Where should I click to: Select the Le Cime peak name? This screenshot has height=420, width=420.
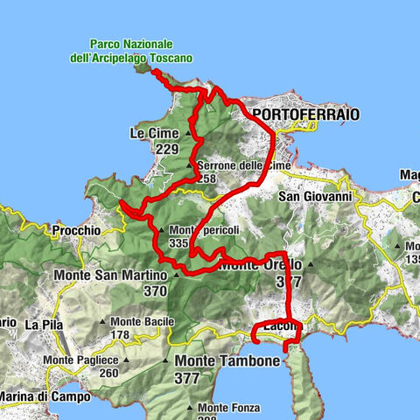point(154,133)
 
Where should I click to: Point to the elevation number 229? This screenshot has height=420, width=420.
point(166,150)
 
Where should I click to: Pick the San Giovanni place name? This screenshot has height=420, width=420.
point(314,197)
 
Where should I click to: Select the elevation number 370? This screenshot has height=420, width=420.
point(155,290)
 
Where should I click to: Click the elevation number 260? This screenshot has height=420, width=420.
point(108,373)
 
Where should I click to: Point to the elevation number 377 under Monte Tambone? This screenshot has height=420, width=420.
point(187,378)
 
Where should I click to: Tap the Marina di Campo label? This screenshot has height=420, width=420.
point(44,396)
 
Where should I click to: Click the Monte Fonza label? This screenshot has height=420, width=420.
point(226,407)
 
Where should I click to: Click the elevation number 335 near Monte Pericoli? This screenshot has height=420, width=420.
point(179,242)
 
